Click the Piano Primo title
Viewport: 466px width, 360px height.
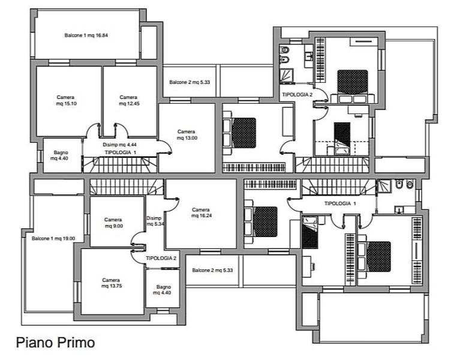point(55,343)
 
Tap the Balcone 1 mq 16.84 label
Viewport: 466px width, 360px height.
point(86,35)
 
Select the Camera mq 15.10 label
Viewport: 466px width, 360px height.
point(65,100)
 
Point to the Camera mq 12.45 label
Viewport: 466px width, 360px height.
point(129,100)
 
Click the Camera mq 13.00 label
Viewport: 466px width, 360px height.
point(187,134)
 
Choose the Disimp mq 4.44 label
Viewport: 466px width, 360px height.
point(120,145)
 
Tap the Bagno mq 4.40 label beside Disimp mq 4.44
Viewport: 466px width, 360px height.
point(61,155)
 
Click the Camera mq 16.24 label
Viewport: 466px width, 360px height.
point(201,212)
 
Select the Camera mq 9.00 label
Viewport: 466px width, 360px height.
point(113,223)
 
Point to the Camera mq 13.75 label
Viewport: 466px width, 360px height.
point(111,283)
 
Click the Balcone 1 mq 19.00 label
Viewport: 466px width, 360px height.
point(53,238)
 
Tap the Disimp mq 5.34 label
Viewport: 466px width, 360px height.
point(155,221)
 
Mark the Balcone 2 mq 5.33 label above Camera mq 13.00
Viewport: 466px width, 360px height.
point(190,82)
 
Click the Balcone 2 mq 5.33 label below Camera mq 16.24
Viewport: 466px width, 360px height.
point(212,270)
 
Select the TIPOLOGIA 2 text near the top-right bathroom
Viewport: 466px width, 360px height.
point(297,95)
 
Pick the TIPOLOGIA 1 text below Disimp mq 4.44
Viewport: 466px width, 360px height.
point(121,152)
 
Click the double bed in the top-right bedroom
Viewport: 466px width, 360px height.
point(352,86)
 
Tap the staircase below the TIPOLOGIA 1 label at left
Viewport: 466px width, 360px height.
point(120,165)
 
